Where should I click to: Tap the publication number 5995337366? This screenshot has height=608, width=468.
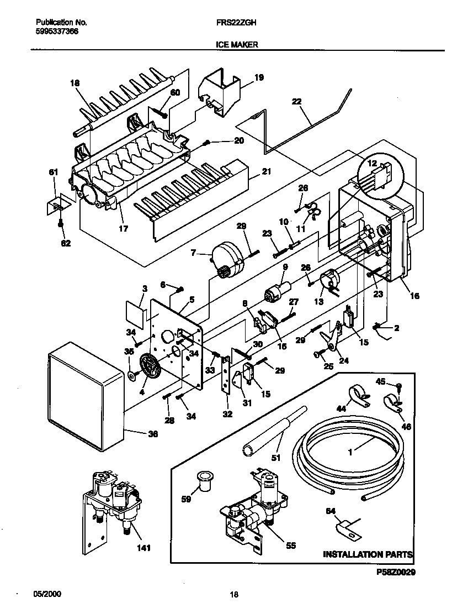57,32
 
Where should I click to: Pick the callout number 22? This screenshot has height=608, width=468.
297,101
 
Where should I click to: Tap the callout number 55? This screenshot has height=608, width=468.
291,546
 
